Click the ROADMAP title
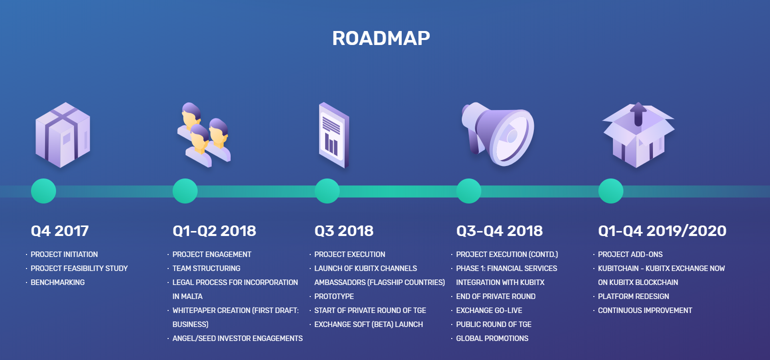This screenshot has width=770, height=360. (381, 38)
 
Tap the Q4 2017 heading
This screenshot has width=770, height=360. (60, 231)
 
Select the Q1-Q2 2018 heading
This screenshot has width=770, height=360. (214, 231)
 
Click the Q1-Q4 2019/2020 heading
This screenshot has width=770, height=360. (662, 231)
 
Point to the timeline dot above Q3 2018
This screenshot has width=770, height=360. (327, 191)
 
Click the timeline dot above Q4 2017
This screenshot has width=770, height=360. (44, 191)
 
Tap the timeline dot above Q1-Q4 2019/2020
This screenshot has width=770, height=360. (610, 191)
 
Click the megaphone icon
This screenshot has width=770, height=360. (498, 134)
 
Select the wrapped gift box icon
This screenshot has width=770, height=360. (63, 135)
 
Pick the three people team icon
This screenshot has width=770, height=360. (204, 135)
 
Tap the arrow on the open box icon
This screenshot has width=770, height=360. (638, 114)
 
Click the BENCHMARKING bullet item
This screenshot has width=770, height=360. (58, 282)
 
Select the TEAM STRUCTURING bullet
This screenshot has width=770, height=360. (206, 268)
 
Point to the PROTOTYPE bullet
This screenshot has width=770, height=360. (334, 296)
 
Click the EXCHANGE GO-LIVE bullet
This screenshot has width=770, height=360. (489, 310)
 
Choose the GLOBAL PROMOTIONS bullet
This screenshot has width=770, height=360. (492, 338)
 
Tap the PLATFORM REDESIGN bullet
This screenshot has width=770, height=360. (633, 296)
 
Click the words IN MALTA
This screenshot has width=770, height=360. (187, 296)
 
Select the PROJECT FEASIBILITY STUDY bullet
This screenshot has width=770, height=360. (79, 268)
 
